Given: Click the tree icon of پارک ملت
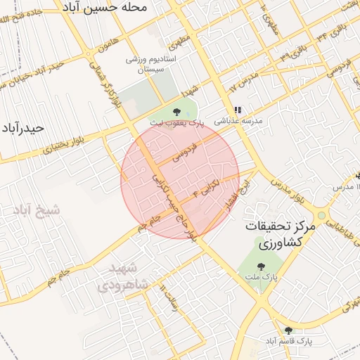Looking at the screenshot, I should tap(262, 266).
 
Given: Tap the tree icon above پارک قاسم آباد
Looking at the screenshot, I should tap(288, 330).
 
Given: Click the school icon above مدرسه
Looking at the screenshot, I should tap(238, 110).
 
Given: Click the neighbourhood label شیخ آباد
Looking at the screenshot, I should tap(36, 210).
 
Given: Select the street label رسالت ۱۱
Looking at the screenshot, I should tap(172, 302).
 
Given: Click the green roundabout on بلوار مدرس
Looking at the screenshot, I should tap(321, 215).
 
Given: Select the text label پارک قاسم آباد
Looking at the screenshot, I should tap(288, 341).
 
